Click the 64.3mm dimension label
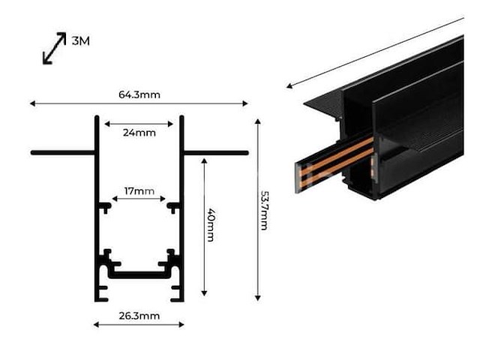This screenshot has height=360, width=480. coord(139,94)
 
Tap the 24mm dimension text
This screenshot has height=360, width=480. coord(139,133)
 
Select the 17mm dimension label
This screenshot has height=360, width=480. coord(139,192)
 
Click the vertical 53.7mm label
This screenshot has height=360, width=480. coord(264,210)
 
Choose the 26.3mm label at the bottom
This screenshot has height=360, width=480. coord(139,316)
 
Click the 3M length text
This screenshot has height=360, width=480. coord(80,41)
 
